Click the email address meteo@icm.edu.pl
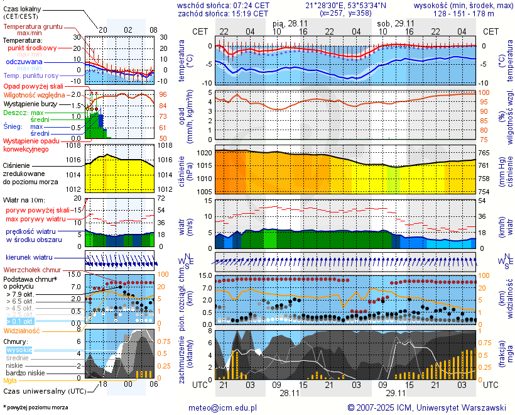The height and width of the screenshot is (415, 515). (223, 407)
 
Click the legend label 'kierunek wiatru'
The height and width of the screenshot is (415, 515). (29, 258)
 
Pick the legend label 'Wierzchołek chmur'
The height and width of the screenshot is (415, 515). (31, 270)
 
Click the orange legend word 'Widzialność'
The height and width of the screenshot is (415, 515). (22, 330)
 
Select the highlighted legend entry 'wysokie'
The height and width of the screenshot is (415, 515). (19, 350)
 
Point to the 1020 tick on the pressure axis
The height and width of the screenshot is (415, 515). (202, 153)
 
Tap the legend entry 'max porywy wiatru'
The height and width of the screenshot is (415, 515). (36, 219)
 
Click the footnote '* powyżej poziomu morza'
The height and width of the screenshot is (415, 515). (35, 407)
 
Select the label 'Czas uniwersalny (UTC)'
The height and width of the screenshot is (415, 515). (43, 391)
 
